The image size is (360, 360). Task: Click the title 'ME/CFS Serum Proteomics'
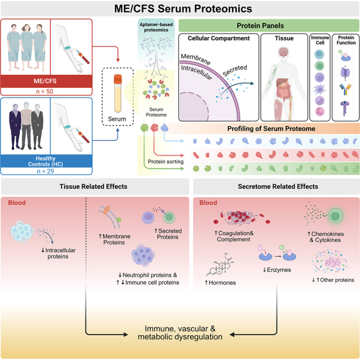[183, 9]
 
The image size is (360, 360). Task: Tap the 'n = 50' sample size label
[44, 92]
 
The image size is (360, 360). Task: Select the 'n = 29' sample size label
[45, 171]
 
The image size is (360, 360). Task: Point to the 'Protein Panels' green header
[260, 25]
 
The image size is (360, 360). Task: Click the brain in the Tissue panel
[284, 53]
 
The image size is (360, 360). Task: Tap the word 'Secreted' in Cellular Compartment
[235, 70]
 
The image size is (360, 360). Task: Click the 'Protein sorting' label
[165, 162]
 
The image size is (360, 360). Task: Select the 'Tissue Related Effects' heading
[93, 187]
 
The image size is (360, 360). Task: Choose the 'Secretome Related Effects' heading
[278, 187]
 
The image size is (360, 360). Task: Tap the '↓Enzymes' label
[277, 270]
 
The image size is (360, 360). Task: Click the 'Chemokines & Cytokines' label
[326, 237]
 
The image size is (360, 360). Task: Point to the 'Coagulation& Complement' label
[234, 236]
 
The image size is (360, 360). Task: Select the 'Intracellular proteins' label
[59, 253]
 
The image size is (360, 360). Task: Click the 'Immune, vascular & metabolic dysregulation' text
[180, 333]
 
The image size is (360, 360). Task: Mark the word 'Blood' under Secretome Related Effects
[208, 203]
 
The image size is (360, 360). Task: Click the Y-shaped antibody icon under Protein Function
[345, 89]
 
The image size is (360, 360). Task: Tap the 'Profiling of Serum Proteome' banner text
[271, 128]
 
